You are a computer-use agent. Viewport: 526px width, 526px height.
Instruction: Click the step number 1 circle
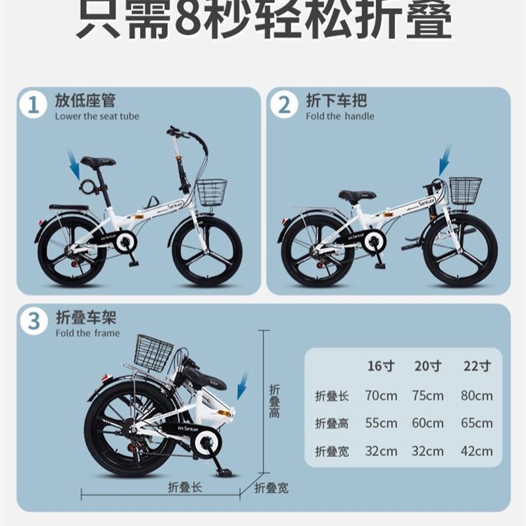coord(32,105)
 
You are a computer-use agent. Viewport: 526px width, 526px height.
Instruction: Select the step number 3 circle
coord(32,322)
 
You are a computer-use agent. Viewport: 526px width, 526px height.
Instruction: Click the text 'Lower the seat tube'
coord(97,116)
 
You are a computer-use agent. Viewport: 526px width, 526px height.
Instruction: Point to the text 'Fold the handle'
coord(340,116)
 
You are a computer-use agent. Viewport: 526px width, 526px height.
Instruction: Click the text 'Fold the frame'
coord(87,333)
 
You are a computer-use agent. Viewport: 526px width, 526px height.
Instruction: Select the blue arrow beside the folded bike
coord(242,385)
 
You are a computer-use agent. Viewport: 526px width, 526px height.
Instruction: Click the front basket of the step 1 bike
coord(211,191)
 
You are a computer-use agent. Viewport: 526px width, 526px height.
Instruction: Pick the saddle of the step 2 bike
coord(357,195)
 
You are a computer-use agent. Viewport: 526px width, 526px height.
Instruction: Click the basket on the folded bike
coord(153,352)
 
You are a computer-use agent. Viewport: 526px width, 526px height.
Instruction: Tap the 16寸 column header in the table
coord(380,366)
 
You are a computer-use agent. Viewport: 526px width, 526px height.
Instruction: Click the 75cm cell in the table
coord(428,396)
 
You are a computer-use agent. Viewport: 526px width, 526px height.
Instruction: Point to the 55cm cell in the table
coord(381,423)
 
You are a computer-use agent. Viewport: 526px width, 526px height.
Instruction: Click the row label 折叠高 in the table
coord(331,423)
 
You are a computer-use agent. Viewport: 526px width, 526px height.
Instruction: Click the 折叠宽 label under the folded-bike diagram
coord(271,488)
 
